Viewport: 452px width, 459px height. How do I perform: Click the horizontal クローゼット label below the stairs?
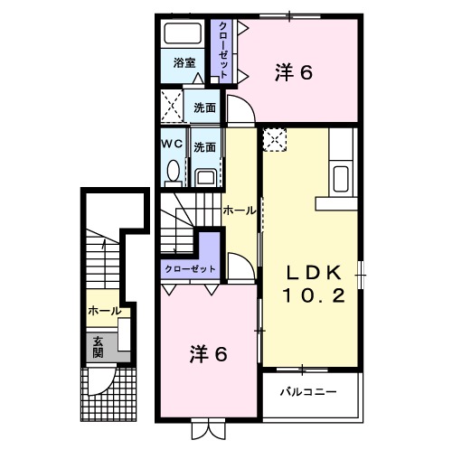point(190,269)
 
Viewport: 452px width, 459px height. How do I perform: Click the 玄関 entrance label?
point(97,346)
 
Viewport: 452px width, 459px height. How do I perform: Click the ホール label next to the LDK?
point(239,211)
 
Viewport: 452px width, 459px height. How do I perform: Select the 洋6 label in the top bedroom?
point(294,72)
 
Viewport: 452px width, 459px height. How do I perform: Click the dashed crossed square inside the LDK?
point(275,140)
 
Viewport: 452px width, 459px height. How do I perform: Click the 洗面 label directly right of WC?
point(204,145)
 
